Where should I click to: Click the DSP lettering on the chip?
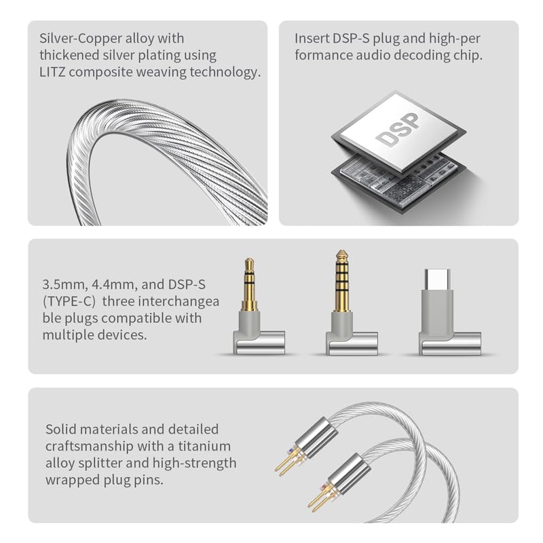(x=397, y=130)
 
